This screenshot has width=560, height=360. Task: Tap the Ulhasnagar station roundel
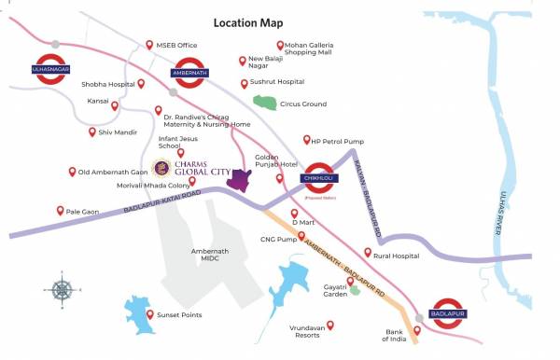click(x=55, y=69)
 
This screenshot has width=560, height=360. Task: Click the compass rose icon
click(x=63, y=289)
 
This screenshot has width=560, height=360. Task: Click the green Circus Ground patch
click(x=266, y=102)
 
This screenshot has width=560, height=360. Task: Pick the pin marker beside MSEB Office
click(x=148, y=44)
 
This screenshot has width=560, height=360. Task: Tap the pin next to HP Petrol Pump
click(x=306, y=140)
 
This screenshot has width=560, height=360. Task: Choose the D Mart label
click(x=303, y=224)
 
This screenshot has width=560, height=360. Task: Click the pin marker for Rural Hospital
click(x=368, y=253)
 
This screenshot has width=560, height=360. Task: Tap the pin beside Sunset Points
click(x=150, y=315)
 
